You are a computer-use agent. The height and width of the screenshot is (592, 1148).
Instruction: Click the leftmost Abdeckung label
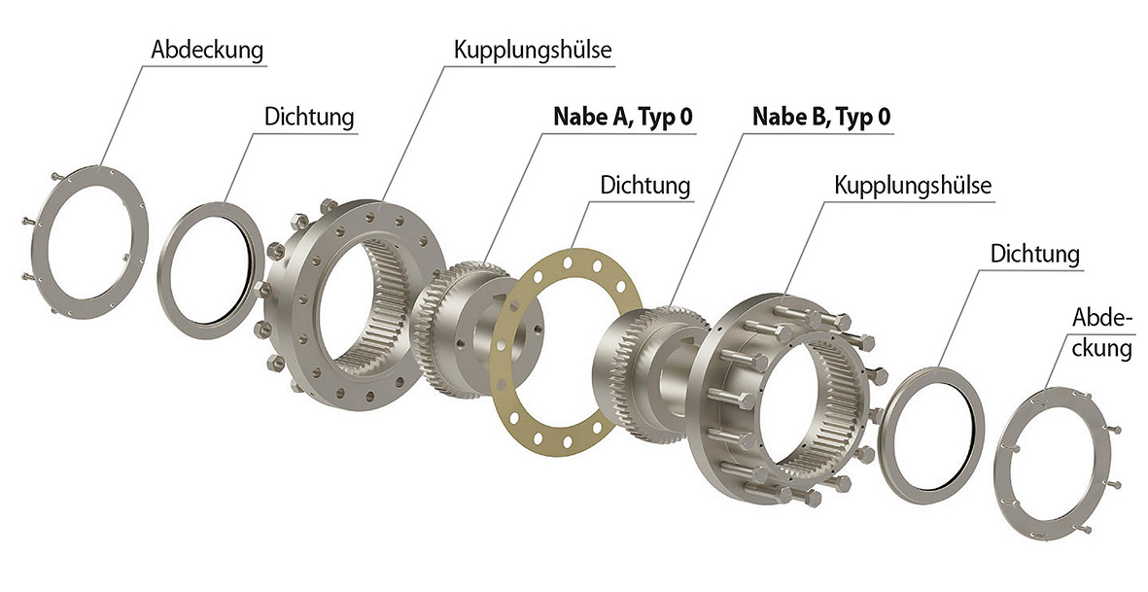pyautogui.click(x=206, y=51)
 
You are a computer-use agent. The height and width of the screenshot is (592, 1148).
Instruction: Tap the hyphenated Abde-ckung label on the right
pyautogui.click(x=1102, y=333)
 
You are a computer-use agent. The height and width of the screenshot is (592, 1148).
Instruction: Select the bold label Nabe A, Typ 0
pyautogui.click(x=622, y=117)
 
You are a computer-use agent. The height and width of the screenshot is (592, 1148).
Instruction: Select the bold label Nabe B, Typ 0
pyautogui.click(x=821, y=117)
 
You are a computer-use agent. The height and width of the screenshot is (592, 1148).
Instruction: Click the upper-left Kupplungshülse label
pyautogui.click(x=533, y=51)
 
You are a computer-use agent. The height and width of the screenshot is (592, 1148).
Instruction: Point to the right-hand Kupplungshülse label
pyautogui.click(x=913, y=185)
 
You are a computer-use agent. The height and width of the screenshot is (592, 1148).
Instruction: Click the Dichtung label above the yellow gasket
pyautogui.click(x=645, y=185)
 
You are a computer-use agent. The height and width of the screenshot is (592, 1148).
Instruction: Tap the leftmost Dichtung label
pyautogui.click(x=309, y=117)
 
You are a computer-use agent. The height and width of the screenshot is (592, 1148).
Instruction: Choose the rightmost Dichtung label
pyautogui.click(x=1034, y=254)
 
